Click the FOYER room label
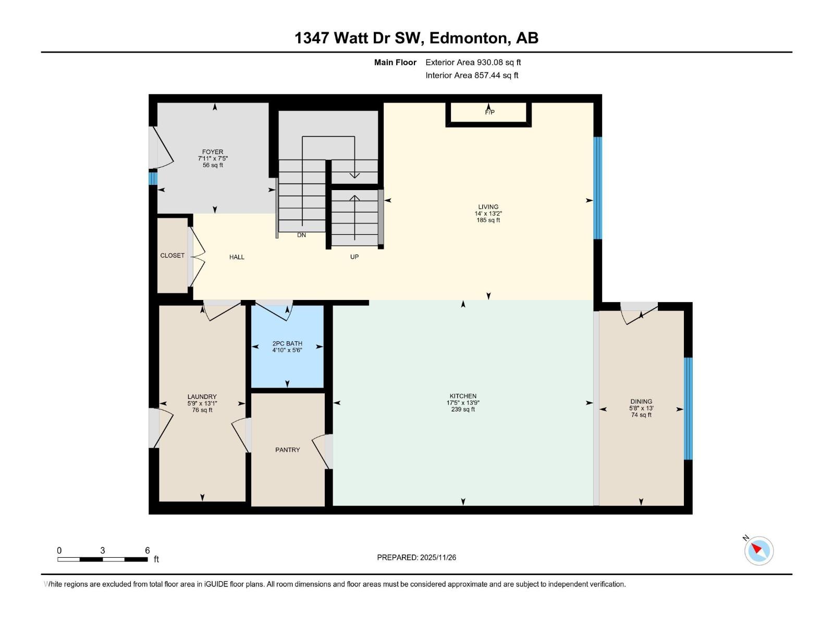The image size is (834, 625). click(x=213, y=152)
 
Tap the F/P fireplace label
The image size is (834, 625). click(x=489, y=112)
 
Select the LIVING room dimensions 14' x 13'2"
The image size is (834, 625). click(x=488, y=214)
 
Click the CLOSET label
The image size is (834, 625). click(x=172, y=255)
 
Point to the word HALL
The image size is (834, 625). click(x=237, y=257)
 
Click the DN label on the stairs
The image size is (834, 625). click(x=301, y=235)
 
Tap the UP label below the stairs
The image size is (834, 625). click(x=354, y=257)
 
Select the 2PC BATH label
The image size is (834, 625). click(x=287, y=344)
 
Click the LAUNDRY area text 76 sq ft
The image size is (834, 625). click(x=202, y=410)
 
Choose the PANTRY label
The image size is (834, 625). click(x=287, y=449)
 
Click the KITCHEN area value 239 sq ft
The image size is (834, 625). click(x=463, y=409)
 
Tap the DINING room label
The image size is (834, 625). click(x=641, y=402)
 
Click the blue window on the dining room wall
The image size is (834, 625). click(x=688, y=409)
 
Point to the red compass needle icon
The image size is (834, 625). click(x=757, y=549)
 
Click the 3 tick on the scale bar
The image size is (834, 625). click(x=103, y=551)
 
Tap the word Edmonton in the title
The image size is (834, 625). click(x=470, y=38)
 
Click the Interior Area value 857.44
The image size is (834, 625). click(x=487, y=75)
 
